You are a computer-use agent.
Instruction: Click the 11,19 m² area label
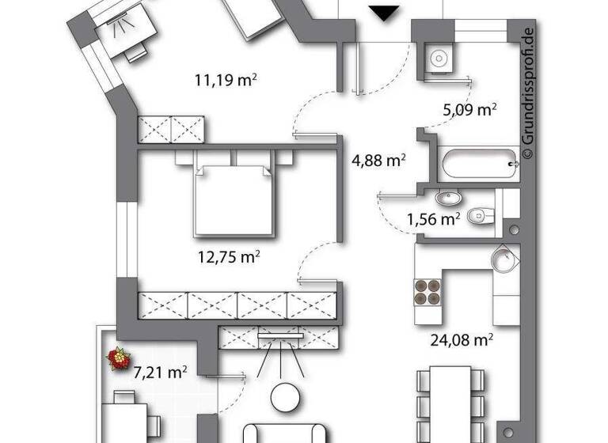click(x=228, y=79)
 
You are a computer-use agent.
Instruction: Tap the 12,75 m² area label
click(x=230, y=256)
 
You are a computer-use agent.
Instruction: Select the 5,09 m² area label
click(x=469, y=109)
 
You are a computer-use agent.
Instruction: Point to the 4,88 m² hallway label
click(x=378, y=161)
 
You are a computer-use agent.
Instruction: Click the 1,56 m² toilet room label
click(x=434, y=218)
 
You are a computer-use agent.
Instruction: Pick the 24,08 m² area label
click(x=462, y=340)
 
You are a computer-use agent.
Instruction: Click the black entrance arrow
click(x=386, y=13)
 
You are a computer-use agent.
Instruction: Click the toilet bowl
click(x=480, y=215)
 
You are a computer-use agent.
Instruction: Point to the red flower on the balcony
click(x=120, y=358)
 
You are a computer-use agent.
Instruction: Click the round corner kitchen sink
click(x=503, y=259)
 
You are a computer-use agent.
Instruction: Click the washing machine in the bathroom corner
click(x=438, y=58)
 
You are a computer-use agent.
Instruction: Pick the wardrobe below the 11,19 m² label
click(x=172, y=130)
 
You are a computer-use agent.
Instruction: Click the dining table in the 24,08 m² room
click(x=450, y=403)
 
